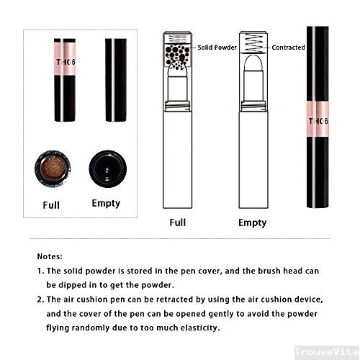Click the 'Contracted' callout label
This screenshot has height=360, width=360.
[288, 48]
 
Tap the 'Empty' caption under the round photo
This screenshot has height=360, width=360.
[106, 204]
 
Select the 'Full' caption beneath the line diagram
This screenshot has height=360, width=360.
[177, 222]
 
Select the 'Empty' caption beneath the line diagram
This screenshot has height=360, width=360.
[252, 222]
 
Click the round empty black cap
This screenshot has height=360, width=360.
[106, 168]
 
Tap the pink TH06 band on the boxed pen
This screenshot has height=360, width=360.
[62, 62]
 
